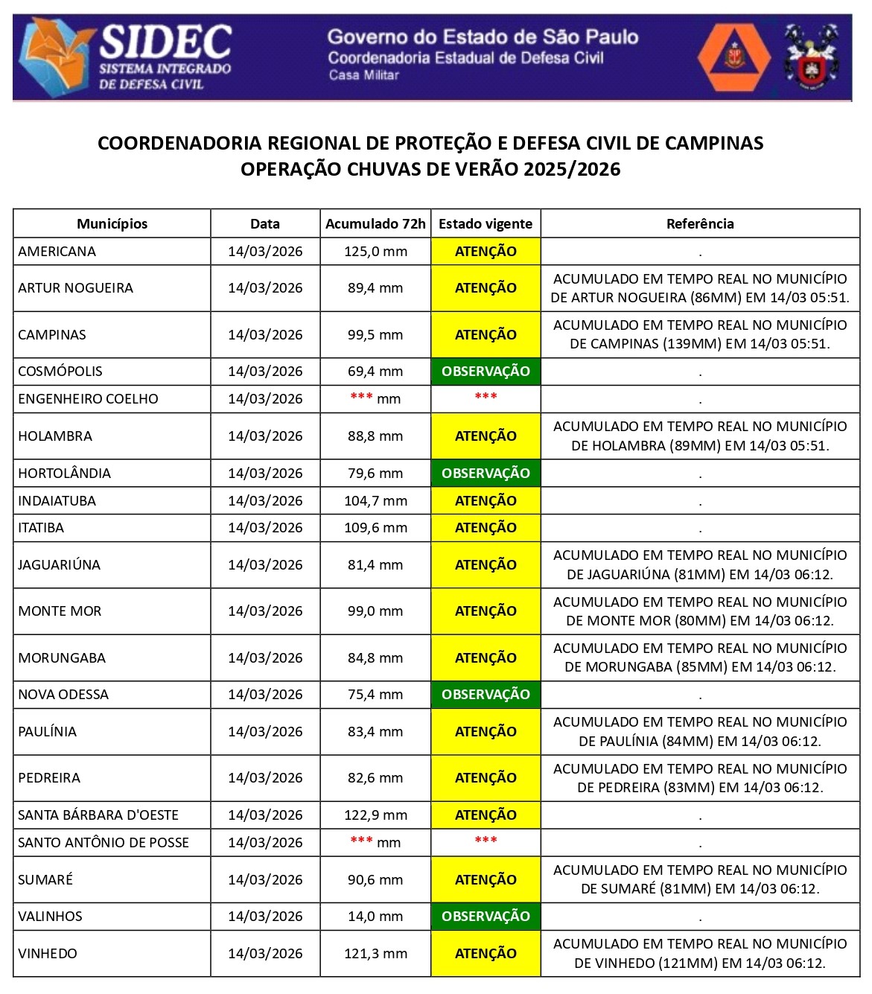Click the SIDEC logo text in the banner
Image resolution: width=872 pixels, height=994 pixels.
click(x=165, y=42)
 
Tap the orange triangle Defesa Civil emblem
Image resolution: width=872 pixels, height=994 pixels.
click(x=733, y=57)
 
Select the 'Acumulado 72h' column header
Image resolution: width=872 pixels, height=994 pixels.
click(x=375, y=223)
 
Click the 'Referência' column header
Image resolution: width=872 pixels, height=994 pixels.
click(x=700, y=223)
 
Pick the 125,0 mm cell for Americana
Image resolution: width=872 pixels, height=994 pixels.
click(x=375, y=252)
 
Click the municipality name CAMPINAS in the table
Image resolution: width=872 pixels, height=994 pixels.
click(x=52, y=335)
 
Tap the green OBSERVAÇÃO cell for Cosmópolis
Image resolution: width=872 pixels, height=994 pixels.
click(x=486, y=372)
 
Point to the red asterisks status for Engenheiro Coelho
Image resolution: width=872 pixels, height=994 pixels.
click(x=486, y=397)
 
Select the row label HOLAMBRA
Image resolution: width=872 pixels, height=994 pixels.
click(x=55, y=436)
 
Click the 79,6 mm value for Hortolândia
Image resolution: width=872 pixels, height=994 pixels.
click(x=375, y=474)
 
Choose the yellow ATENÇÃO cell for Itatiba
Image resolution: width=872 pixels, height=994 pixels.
click(x=486, y=528)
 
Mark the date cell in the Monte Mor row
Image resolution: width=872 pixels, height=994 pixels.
click(x=265, y=611)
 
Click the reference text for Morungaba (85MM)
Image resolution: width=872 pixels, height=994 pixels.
click(x=700, y=657)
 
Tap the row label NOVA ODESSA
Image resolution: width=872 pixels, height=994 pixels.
click(x=63, y=695)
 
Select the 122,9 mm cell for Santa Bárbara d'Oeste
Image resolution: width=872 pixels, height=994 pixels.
click(x=375, y=815)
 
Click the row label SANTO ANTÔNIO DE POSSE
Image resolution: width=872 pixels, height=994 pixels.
click(x=104, y=843)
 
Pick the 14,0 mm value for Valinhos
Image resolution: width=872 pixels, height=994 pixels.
click(x=375, y=917)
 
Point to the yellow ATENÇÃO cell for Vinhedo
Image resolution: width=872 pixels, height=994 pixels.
click(x=486, y=954)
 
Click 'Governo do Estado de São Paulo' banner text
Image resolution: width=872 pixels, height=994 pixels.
click(x=483, y=36)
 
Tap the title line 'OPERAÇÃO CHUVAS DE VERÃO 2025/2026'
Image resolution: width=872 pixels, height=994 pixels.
click(x=430, y=170)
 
